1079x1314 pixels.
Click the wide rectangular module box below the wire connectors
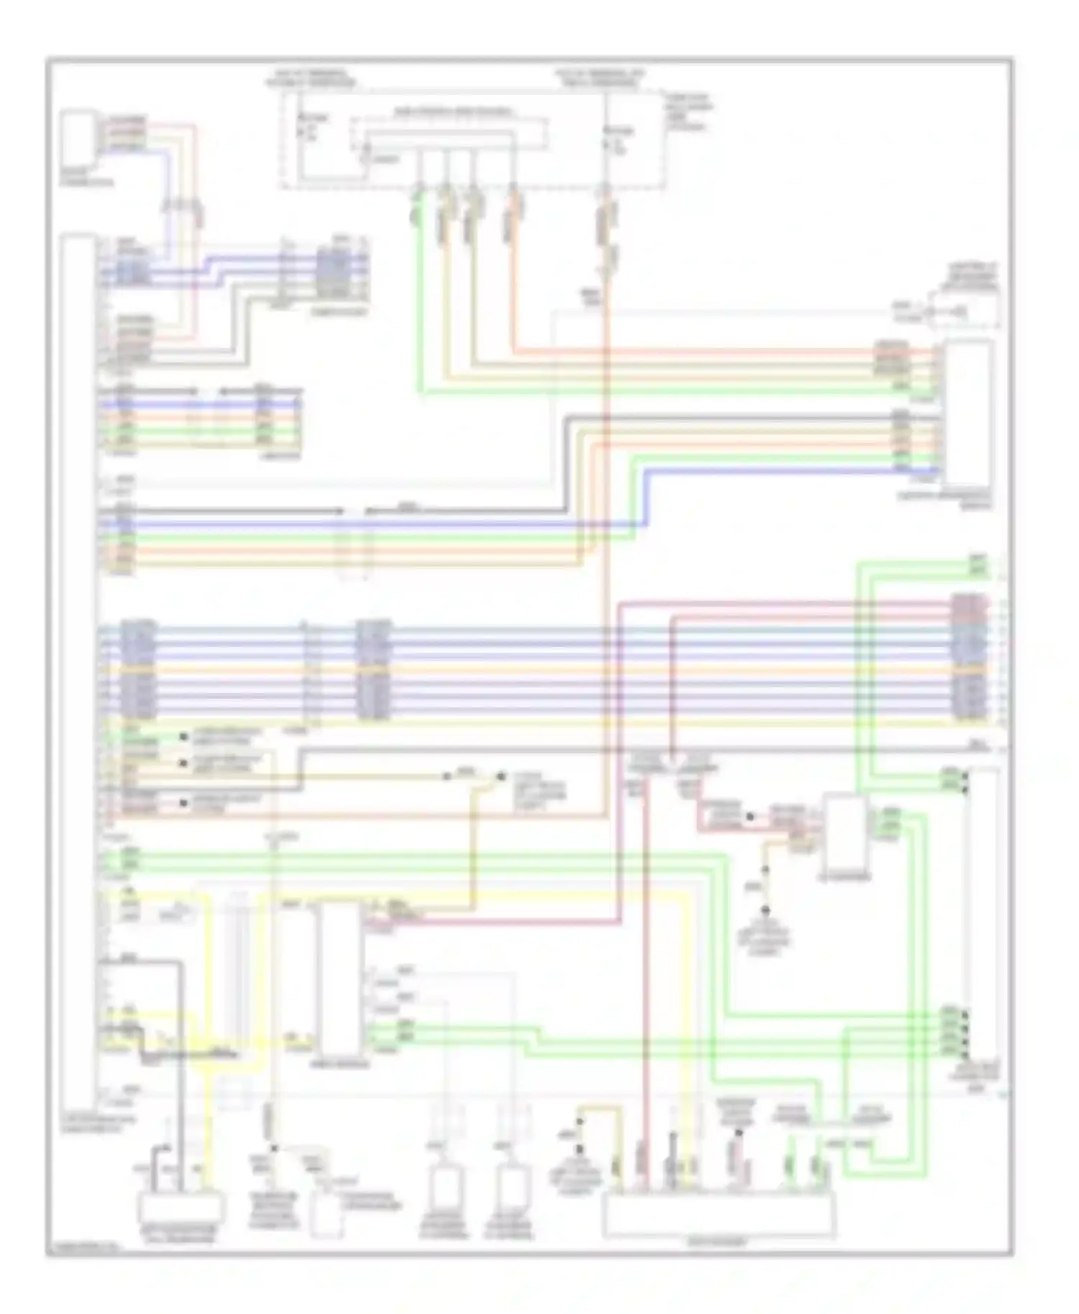(x=719, y=1215)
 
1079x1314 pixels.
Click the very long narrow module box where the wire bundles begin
(x=79, y=669)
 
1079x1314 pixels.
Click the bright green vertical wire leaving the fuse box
(x=419, y=302)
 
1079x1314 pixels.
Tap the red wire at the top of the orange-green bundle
(x=691, y=352)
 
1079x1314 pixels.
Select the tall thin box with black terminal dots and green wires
(x=982, y=913)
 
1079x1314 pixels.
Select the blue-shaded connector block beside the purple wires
(x=333, y=273)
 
